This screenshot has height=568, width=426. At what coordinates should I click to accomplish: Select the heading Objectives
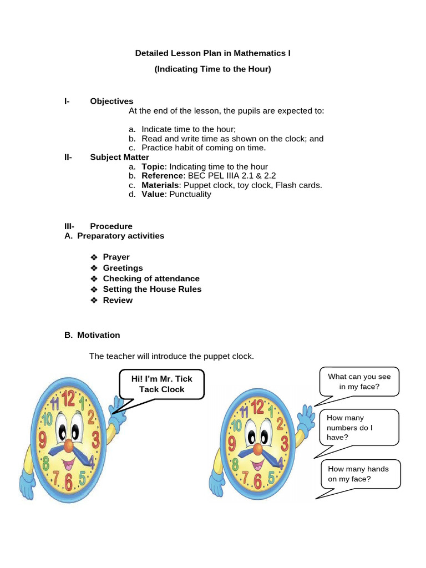point(111,101)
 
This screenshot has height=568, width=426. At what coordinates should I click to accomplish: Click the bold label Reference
point(161,176)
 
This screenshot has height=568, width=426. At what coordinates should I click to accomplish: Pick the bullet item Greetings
point(123,268)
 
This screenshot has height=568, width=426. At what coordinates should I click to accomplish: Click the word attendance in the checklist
point(176,278)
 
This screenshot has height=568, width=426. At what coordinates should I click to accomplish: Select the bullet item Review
point(118,300)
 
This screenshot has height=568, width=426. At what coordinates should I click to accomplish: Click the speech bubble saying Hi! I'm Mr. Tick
point(161,384)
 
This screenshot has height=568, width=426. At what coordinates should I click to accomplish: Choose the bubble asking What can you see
point(359,381)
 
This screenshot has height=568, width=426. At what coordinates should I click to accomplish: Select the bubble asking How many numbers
point(359,427)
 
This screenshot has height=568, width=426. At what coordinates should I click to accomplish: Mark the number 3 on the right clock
point(284,443)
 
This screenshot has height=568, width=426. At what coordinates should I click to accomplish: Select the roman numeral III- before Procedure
point(69,226)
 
